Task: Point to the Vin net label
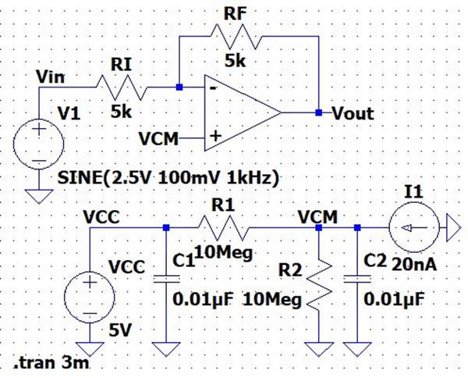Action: [x=51, y=77]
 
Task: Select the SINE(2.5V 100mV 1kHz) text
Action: [x=168, y=178]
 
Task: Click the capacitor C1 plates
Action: [x=166, y=280]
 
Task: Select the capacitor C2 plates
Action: [x=357, y=280]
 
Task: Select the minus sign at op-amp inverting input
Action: [x=211, y=89]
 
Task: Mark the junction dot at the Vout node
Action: [x=318, y=113]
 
